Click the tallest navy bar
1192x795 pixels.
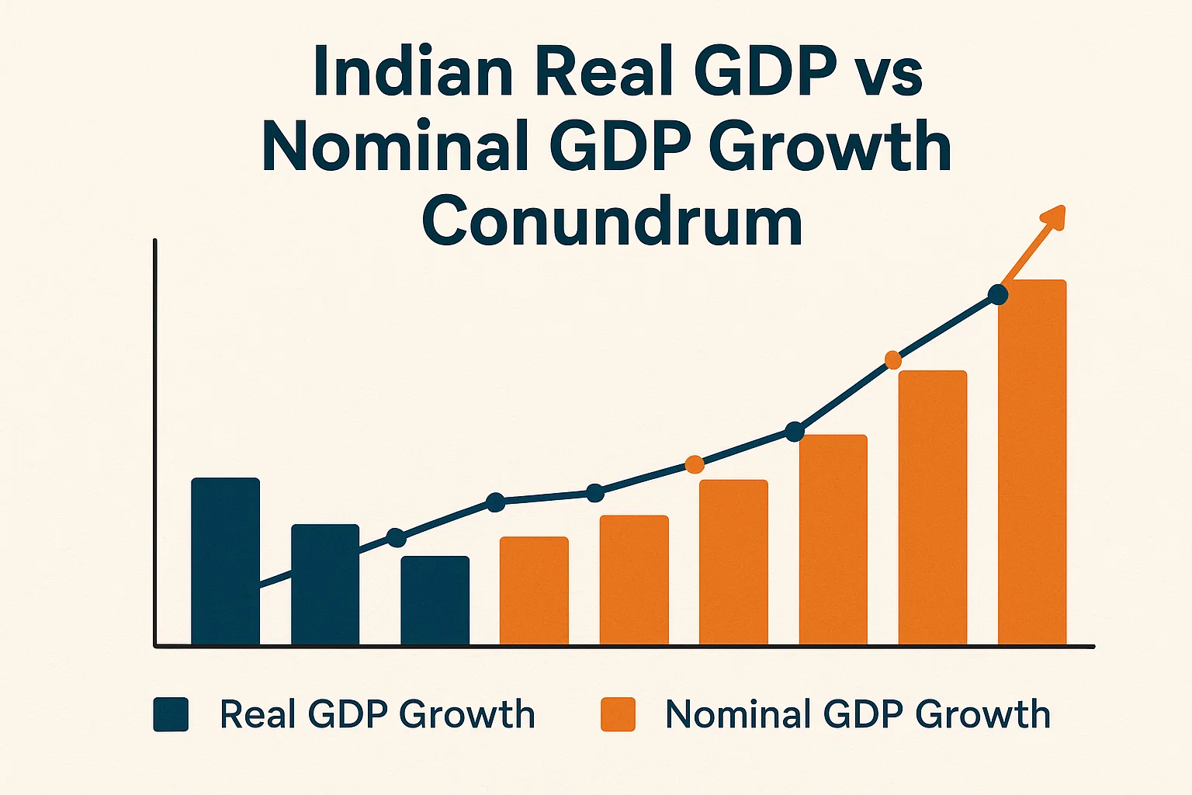click(225, 561)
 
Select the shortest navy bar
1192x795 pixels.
click(435, 600)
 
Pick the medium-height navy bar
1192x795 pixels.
click(325, 584)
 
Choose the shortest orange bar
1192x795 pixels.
click(534, 590)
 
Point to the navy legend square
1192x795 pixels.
click(171, 714)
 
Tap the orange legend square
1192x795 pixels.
click(618, 714)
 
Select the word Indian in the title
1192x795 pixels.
click(412, 71)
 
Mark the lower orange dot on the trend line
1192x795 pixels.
click(695, 464)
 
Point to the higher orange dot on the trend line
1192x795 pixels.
click(893, 359)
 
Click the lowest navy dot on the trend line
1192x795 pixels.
click(396, 537)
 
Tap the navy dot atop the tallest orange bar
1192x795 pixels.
click(998, 295)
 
